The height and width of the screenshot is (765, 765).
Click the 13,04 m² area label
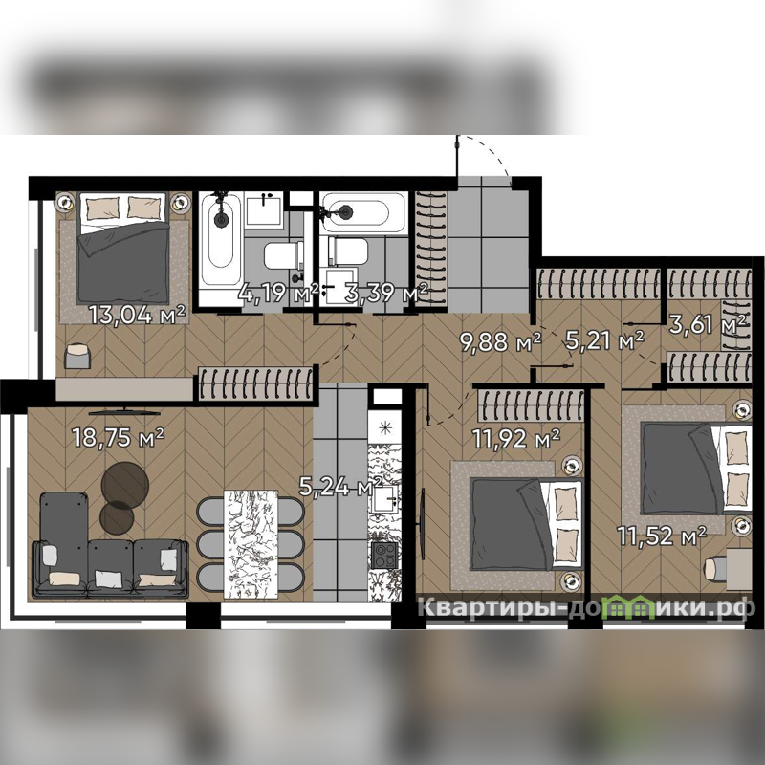coord(137,315)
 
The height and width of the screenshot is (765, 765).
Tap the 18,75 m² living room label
coord(118,437)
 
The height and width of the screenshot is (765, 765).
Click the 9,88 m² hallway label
coord(501,342)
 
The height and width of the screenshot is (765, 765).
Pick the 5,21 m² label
coord(605,339)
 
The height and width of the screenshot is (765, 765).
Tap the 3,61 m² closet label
coord(708,323)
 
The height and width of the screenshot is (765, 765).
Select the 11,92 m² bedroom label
coord(516,439)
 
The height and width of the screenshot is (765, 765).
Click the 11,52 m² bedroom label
coord(662,535)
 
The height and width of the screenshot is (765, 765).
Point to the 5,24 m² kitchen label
coord(340,486)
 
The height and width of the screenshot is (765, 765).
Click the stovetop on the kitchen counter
coord(385,556)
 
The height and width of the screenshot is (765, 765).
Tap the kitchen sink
coord(385,498)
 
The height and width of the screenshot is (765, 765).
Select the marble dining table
coord(251,544)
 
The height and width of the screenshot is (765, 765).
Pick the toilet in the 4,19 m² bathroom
coord(280,255)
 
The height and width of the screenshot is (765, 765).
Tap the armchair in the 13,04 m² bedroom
coord(77,355)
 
